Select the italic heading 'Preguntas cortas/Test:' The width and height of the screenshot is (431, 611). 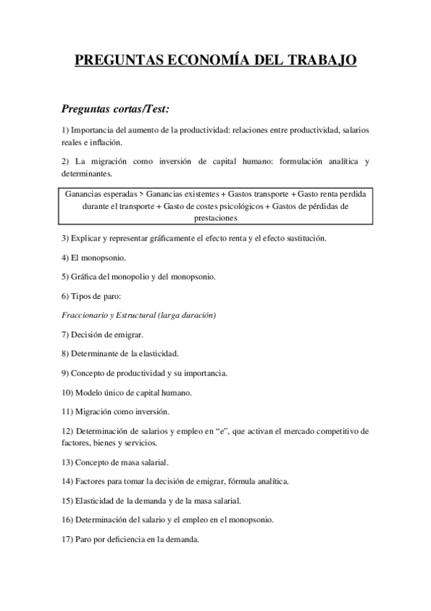click(x=116, y=110)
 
